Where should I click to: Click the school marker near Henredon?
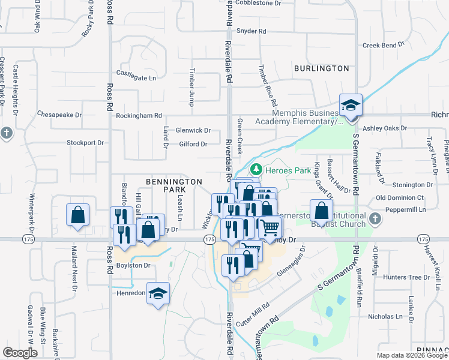pos(158,293)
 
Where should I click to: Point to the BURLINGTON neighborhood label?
pos(321,68)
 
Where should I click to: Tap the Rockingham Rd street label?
pos(139,115)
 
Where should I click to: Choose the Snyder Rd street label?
pos(251,31)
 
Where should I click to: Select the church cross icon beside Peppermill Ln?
pos(375,217)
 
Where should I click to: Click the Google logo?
pos(20,353)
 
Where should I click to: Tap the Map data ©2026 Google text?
pos(411,355)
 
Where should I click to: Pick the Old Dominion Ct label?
pos(400,197)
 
